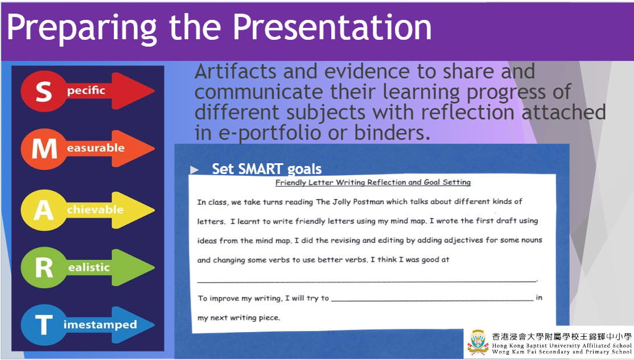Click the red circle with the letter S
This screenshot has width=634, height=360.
43,92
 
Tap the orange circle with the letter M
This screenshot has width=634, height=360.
43,148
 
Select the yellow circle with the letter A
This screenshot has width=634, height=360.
43,210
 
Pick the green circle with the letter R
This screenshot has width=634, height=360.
43,267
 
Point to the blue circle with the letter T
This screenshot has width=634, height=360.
43,325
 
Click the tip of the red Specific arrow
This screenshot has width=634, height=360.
154,91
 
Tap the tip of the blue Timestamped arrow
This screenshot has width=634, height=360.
154,325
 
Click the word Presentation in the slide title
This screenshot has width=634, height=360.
332,27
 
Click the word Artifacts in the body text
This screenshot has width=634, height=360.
235,72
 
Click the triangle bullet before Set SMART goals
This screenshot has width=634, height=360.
195,169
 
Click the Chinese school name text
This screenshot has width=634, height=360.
561,337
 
